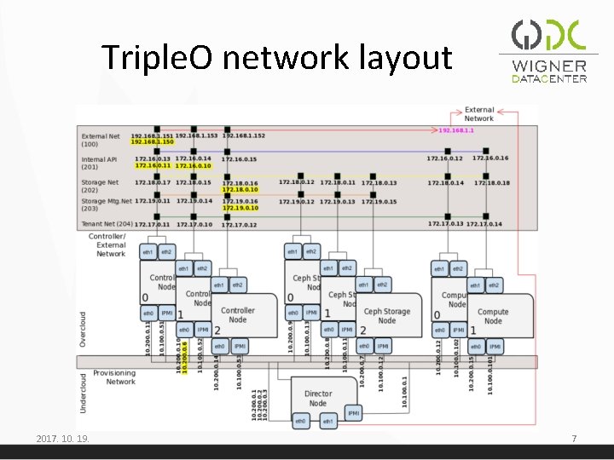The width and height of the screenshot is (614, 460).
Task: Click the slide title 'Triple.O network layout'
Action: coord(277,58)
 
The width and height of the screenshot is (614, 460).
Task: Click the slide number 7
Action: coord(574,439)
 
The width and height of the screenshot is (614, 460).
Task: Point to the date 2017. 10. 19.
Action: coord(63,439)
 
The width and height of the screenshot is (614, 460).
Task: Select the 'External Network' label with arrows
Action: coord(478,114)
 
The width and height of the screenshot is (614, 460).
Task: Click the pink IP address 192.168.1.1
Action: coord(456,130)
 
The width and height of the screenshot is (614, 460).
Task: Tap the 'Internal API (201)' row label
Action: coord(100,163)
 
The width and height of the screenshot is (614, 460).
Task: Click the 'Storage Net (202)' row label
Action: coord(100,186)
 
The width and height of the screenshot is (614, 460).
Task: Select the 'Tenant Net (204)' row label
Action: coord(106,223)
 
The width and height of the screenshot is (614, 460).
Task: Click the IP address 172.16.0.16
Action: coord(489,158)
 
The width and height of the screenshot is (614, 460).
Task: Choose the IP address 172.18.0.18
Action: coord(492,182)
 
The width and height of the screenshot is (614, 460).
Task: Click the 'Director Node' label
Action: coord(317,398)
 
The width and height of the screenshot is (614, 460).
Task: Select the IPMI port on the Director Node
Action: coord(354,413)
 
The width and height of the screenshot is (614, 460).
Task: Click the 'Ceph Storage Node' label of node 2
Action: coord(386,315)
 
